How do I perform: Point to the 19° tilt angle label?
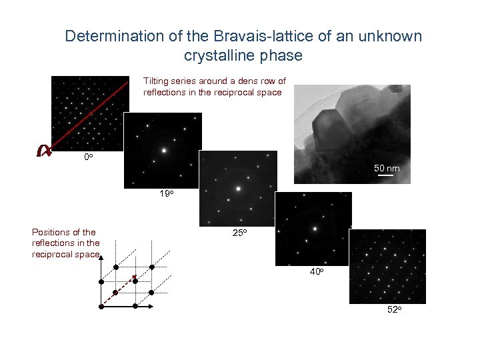click(x=166, y=194)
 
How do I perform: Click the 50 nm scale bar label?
click(x=387, y=169)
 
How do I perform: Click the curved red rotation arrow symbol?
click(x=44, y=151)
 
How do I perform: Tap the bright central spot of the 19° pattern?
click(x=163, y=150)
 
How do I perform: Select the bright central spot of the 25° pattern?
click(x=238, y=189)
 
